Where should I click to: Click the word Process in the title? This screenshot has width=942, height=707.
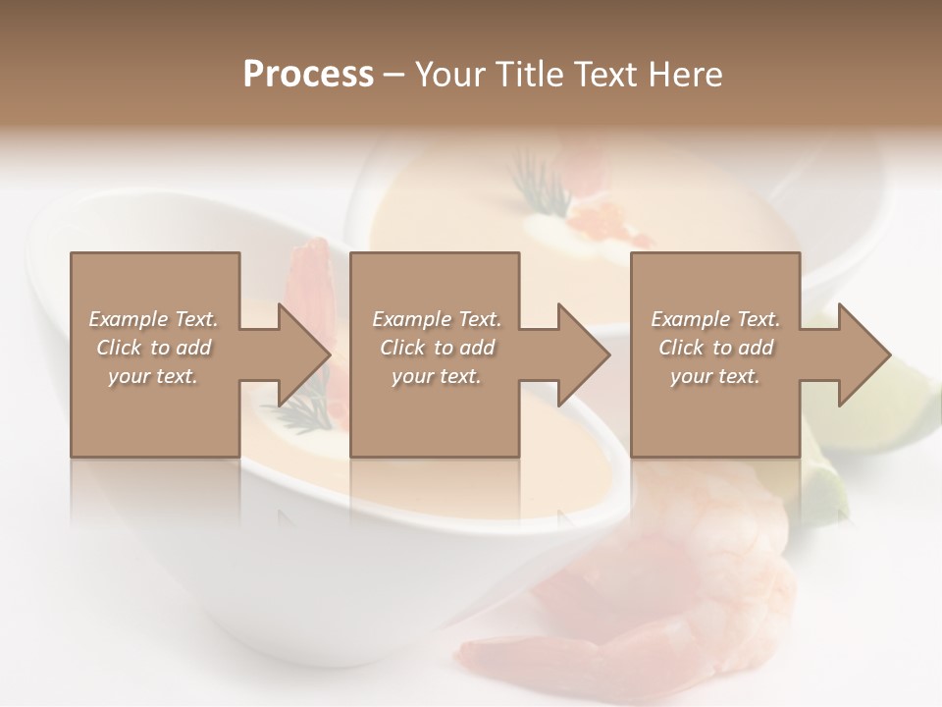[x=308, y=75]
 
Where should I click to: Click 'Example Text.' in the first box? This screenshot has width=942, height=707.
[x=153, y=319]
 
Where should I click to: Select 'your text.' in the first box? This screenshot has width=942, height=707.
[x=153, y=376]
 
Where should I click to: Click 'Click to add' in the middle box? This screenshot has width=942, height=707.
[x=437, y=348]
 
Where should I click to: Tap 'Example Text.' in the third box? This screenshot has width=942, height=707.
[x=715, y=319]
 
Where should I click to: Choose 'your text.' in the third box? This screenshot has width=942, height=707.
[x=715, y=376]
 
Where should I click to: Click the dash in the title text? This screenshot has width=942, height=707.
[x=394, y=75]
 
